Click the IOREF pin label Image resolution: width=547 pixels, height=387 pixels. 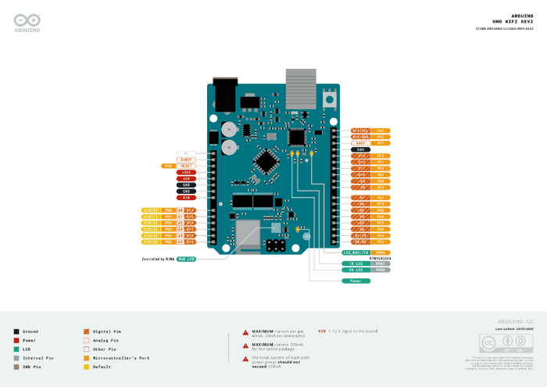point(186,159)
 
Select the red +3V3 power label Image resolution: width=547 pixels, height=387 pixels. point(186,172)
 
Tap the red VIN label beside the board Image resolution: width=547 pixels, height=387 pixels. point(186,198)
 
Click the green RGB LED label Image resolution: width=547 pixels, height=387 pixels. point(186,258)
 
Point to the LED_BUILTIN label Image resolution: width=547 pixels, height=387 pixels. point(356,253)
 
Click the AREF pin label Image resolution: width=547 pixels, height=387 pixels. point(360,143)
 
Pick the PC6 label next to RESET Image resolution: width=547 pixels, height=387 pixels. point(169,166)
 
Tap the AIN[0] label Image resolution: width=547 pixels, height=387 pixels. point(150,210)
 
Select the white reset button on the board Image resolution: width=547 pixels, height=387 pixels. point(330,99)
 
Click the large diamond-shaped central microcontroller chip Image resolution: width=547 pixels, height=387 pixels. point(268,161)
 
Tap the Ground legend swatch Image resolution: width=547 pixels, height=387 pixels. point(16,331)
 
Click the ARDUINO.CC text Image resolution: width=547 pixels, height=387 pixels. point(515,321)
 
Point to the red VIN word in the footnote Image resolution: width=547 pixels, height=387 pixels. point(322,331)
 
